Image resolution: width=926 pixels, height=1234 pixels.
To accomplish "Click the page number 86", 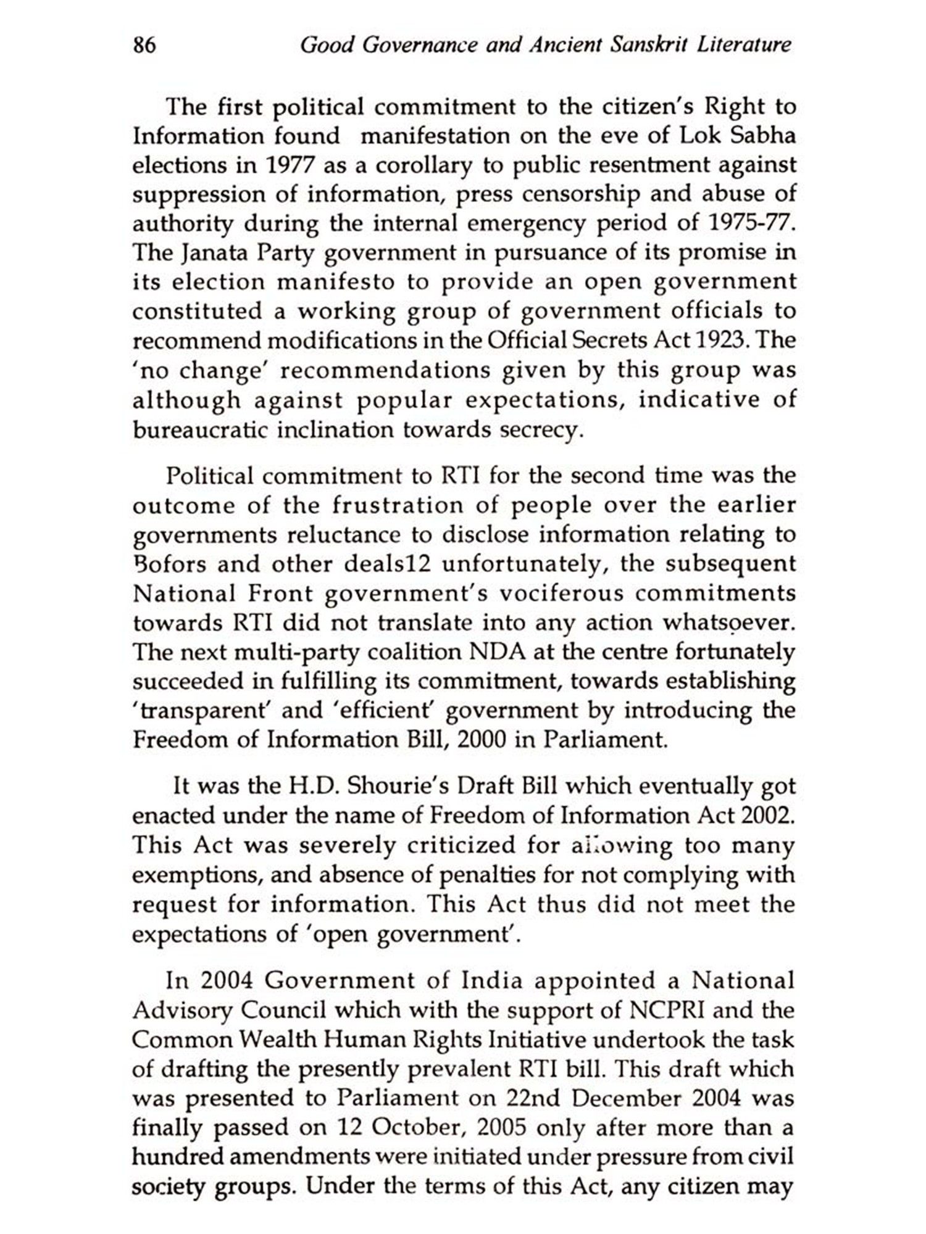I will [x=144, y=46].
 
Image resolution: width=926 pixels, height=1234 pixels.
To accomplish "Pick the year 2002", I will [x=765, y=816].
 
